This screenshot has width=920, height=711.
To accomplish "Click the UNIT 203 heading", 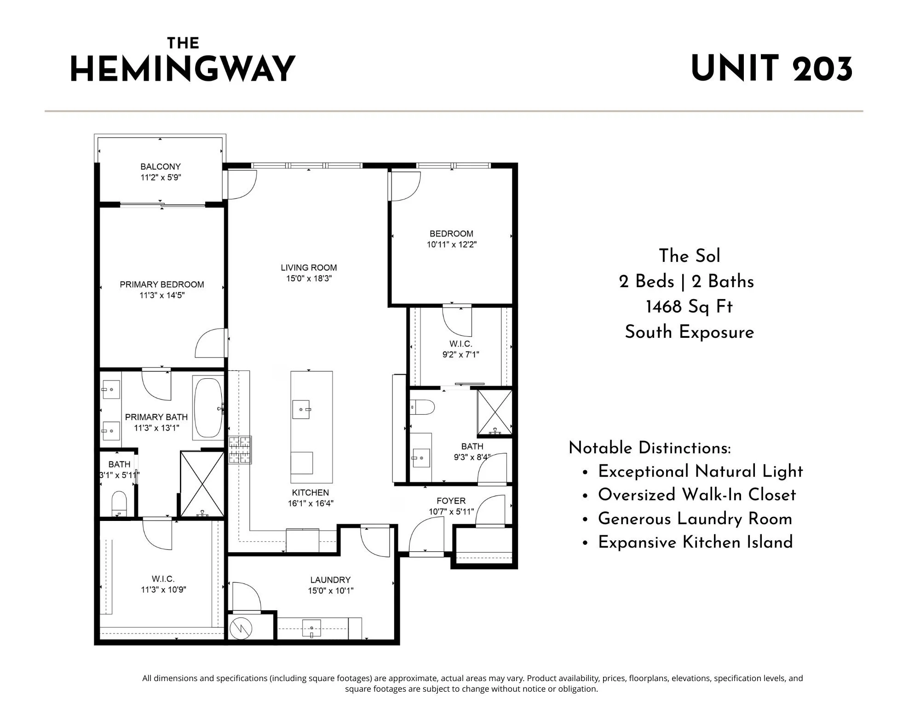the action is [x=772, y=69].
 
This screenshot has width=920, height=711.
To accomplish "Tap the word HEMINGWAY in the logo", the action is [x=183, y=69].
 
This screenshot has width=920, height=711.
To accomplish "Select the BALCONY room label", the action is [x=161, y=167].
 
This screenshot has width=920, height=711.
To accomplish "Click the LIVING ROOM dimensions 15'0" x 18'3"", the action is [x=309, y=278].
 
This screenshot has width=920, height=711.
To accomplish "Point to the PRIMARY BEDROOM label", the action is [x=162, y=284].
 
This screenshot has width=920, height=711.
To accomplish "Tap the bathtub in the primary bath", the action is [x=208, y=408].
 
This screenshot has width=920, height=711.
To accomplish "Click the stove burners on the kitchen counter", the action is [x=240, y=450].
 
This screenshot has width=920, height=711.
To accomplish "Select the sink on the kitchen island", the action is [x=301, y=409].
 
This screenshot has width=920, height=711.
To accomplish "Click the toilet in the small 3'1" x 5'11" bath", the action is [x=119, y=503].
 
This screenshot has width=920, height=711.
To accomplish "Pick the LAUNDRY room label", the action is [x=330, y=580].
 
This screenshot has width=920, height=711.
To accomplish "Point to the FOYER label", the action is [x=451, y=501].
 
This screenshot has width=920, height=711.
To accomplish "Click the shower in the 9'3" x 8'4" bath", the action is [x=494, y=412].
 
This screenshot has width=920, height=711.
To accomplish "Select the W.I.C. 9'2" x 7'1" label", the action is [x=461, y=349].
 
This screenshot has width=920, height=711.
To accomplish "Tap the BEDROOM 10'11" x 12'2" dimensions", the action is [x=452, y=244].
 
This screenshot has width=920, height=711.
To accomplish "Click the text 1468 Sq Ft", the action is [x=689, y=307].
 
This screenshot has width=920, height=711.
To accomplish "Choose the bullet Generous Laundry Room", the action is [x=695, y=519].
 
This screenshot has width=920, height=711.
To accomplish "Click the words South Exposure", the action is [x=690, y=332].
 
